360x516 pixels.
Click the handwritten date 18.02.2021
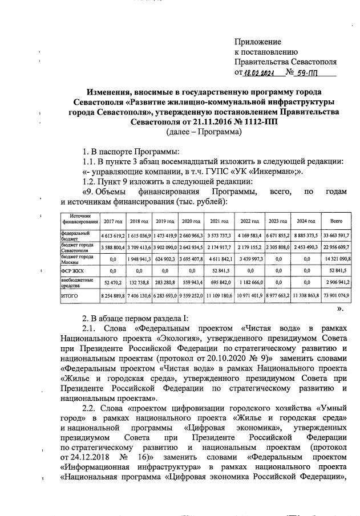tap(259, 72)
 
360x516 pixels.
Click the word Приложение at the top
tap(258, 42)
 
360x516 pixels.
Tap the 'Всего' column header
tap(336, 221)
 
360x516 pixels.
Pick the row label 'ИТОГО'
tap(69, 296)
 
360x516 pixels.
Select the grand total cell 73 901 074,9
tap(336, 296)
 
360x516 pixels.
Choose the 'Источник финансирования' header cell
tap(80, 220)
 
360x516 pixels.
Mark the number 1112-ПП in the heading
tap(259, 122)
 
